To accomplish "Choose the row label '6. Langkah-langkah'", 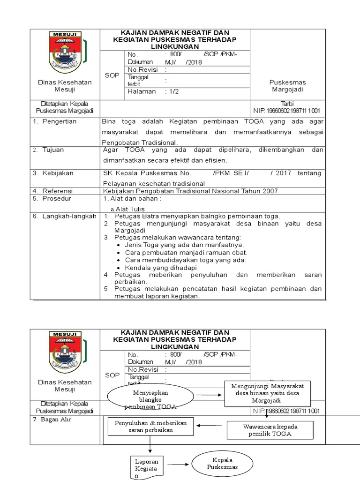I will (64, 216).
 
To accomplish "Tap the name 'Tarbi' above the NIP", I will (286, 104).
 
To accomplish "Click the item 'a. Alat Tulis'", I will (127, 209).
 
